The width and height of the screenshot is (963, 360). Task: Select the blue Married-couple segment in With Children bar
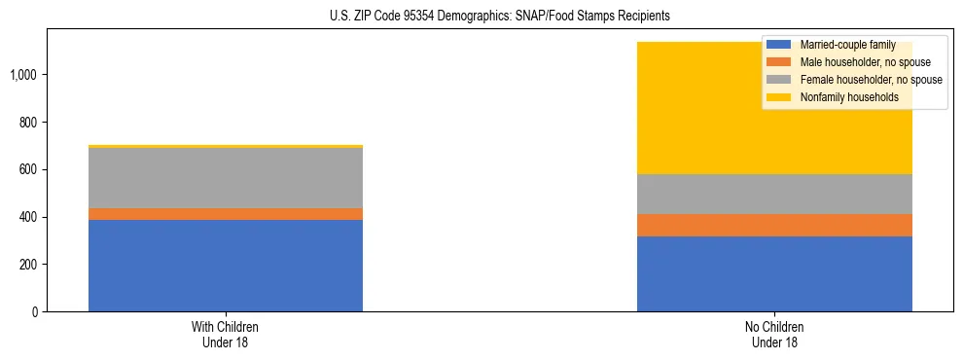coord(226,266)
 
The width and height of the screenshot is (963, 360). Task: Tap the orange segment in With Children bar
coord(226,214)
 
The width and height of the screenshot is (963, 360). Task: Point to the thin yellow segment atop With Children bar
coord(226,147)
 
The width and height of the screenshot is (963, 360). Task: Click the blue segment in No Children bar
coord(774,273)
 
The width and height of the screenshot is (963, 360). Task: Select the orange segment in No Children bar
coord(774,225)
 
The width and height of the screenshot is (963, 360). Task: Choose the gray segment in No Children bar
coord(774,194)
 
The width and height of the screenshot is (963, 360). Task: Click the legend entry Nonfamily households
coord(842,97)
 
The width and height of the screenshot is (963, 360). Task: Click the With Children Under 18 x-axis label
coord(226,334)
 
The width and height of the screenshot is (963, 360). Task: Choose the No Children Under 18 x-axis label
coord(774,334)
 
